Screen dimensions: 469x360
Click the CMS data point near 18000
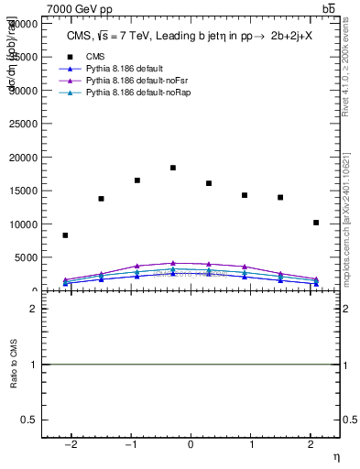click(173, 168)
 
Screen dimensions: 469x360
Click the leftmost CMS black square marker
click(65, 235)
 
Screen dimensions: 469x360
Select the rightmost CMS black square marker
click(316, 223)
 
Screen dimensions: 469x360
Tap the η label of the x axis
click(335, 457)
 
